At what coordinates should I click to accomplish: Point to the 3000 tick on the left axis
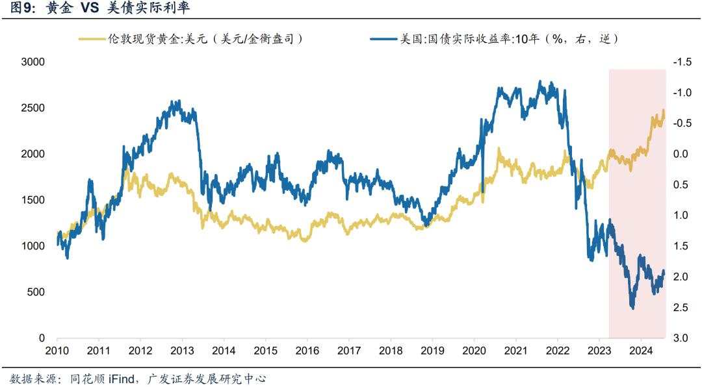tap(32, 62)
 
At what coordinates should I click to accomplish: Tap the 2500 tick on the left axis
tap(32, 108)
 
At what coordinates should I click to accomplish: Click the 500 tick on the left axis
tap(36, 292)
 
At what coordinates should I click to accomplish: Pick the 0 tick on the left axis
tap(42, 338)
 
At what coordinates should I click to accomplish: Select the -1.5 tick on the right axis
tap(682, 62)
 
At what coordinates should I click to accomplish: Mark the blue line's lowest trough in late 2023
tap(632, 308)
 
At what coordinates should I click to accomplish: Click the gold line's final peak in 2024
tap(663, 110)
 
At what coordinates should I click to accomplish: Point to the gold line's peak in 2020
tap(499, 149)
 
